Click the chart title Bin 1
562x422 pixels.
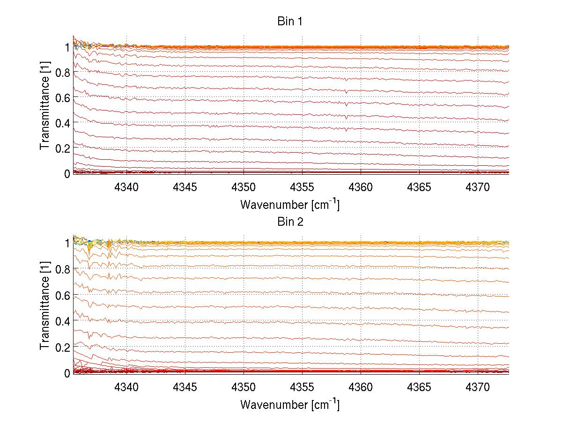point(290,22)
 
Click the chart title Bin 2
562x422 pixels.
point(290,222)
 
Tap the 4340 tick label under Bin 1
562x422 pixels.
point(126,187)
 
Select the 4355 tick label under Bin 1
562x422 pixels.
point(302,187)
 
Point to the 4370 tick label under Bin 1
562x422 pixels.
point(478,187)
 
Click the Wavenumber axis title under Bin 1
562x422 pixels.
point(290,204)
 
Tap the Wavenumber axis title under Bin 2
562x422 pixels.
point(290,404)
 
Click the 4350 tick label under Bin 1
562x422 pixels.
point(244,187)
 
